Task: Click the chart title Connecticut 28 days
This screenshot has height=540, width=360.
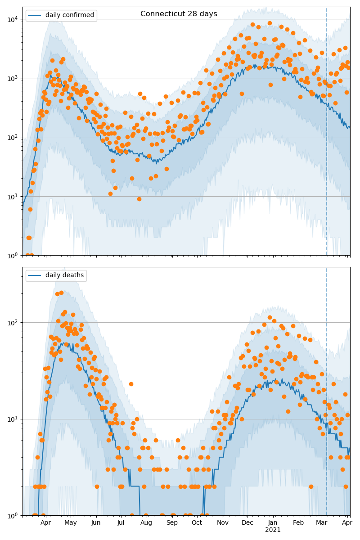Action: [179, 14]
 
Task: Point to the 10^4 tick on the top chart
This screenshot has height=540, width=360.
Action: [13, 19]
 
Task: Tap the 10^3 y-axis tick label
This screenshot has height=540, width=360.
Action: [13, 78]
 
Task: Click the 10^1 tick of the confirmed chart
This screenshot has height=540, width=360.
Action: [13, 196]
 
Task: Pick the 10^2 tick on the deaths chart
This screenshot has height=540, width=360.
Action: [13, 322]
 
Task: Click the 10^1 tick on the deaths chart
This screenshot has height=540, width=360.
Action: [13, 419]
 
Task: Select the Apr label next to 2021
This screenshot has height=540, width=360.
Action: [347, 523]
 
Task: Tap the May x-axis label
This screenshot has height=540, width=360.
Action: [71, 523]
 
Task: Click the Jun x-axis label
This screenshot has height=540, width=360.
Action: [96, 523]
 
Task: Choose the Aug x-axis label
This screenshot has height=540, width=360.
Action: [146, 523]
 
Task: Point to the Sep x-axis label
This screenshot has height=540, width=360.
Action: [172, 523]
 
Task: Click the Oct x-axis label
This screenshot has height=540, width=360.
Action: [197, 523]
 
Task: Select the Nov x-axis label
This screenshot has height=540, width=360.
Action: [222, 523]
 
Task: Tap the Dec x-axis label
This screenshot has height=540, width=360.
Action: [247, 523]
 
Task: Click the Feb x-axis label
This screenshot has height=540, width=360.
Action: [298, 523]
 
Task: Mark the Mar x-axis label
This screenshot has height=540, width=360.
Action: [321, 523]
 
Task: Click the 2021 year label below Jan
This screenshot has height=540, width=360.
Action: [273, 530]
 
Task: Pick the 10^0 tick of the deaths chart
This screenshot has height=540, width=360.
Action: [13, 515]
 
